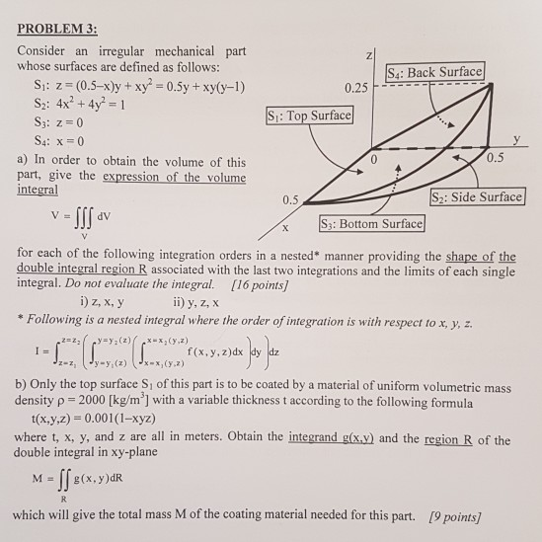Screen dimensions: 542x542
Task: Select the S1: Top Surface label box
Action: [307, 116]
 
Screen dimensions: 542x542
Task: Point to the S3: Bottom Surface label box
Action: [370, 224]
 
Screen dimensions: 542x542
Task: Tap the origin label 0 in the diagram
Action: [374, 158]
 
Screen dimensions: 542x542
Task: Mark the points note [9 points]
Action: [456, 515]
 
